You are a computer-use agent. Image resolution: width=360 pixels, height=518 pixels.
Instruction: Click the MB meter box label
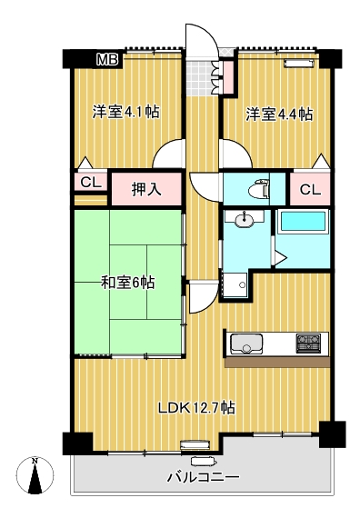[x=107, y=60]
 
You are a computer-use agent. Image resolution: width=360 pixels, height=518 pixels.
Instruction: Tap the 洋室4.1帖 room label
[x=125, y=113]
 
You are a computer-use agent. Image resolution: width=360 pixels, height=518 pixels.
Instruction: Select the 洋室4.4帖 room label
[x=279, y=115]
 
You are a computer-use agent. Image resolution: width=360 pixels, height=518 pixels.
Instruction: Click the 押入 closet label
[x=146, y=190]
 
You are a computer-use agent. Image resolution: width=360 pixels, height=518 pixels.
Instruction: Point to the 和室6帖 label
[x=127, y=283]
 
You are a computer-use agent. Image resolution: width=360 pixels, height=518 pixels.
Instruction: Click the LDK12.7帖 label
[x=196, y=408]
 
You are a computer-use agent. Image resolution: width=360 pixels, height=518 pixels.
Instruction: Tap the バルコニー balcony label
[x=203, y=477]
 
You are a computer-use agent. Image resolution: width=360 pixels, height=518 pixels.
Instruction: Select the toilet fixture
[x=259, y=189]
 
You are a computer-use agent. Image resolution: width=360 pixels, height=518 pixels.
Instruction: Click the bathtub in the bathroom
[x=303, y=222]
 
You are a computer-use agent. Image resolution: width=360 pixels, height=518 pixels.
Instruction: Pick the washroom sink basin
[x=244, y=219]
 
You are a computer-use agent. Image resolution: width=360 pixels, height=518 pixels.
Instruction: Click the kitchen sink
[x=246, y=344]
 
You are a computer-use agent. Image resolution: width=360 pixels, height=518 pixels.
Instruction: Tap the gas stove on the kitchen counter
[x=308, y=344]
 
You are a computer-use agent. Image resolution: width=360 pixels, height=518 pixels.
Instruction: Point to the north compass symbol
[x=35, y=475]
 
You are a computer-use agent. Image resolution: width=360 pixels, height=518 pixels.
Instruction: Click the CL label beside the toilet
[x=310, y=190]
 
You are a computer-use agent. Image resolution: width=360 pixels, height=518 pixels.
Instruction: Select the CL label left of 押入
[x=91, y=182]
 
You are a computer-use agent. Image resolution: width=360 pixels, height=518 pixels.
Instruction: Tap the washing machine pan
[x=235, y=284]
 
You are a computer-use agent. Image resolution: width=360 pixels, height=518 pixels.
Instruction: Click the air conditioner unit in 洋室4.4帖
[x=298, y=63]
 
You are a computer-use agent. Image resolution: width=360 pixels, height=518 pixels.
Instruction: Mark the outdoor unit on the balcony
[x=204, y=461]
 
